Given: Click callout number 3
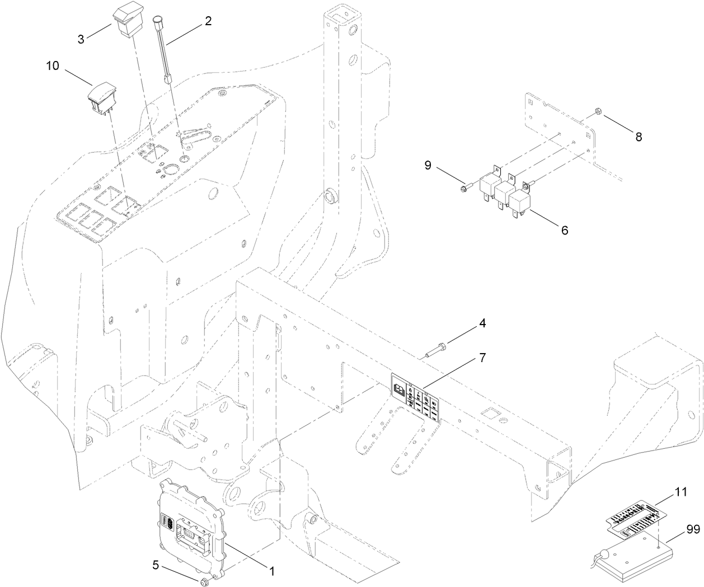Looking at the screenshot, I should coord(82,39).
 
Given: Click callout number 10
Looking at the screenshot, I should coord(53,65).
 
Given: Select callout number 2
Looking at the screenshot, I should coord(208,21).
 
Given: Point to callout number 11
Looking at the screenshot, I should coord(680,493).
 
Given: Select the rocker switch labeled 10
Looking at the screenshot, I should coord(101,99).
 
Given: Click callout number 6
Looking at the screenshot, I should coord(565,230).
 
